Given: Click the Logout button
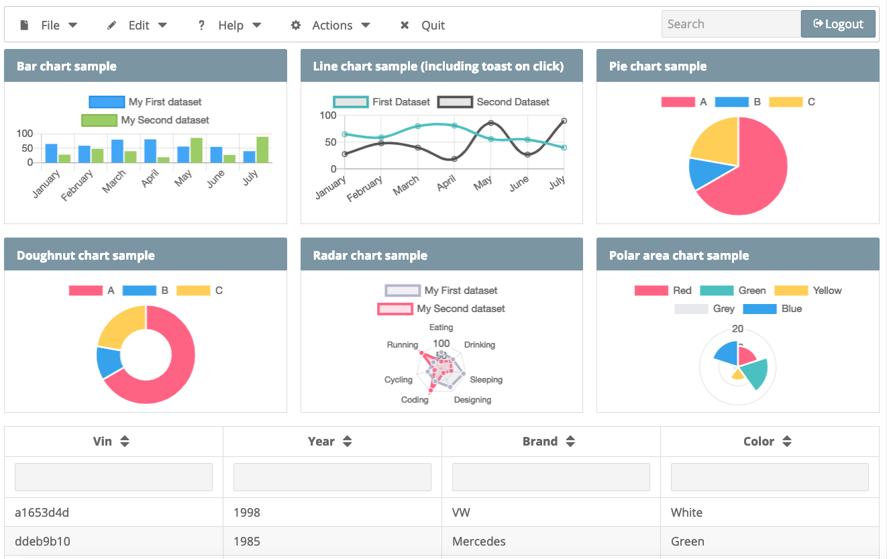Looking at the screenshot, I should point(837,24).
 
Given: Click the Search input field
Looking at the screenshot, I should point(731,24).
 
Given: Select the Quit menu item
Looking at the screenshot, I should point(423,26).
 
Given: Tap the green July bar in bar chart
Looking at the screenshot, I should point(262,150).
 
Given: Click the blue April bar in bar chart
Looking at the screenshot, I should point(150,151).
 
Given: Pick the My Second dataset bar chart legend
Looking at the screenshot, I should point(145,120).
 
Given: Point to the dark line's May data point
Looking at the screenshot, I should point(491,123).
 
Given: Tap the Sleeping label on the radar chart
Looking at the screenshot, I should point(486,380).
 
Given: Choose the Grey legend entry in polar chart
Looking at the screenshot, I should point(705,309).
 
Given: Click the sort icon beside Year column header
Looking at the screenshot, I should point(347,442).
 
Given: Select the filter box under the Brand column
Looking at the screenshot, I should point(551,477).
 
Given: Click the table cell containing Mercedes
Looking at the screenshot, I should point(479,542).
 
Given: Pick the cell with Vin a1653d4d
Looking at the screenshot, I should point(42,513).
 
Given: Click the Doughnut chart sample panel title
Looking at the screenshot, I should point(86,256).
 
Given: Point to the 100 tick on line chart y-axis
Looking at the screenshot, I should point(327,115).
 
